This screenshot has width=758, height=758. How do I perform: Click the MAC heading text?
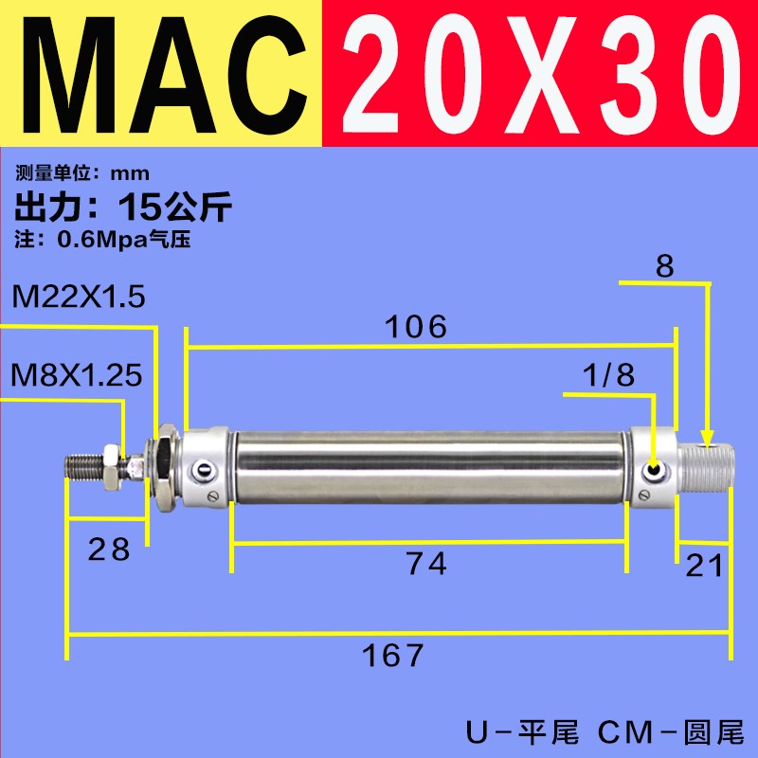[161, 73]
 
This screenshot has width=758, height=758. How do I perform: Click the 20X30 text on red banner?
[540, 73]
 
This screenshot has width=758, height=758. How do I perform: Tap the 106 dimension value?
[414, 327]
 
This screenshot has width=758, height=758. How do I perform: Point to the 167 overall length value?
[390, 655]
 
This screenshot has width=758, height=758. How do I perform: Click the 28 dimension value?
[107, 550]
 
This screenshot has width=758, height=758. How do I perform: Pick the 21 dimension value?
[704, 566]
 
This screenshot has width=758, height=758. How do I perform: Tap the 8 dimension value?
[664, 266]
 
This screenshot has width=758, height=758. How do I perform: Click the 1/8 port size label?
[610, 375]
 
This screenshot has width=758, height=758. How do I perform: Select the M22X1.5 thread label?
[79, 298]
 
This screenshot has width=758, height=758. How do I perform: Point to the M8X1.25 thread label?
[78, 375]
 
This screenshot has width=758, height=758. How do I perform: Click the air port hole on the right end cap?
[654, 470]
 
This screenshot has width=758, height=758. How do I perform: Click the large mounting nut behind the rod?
[165, 463]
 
